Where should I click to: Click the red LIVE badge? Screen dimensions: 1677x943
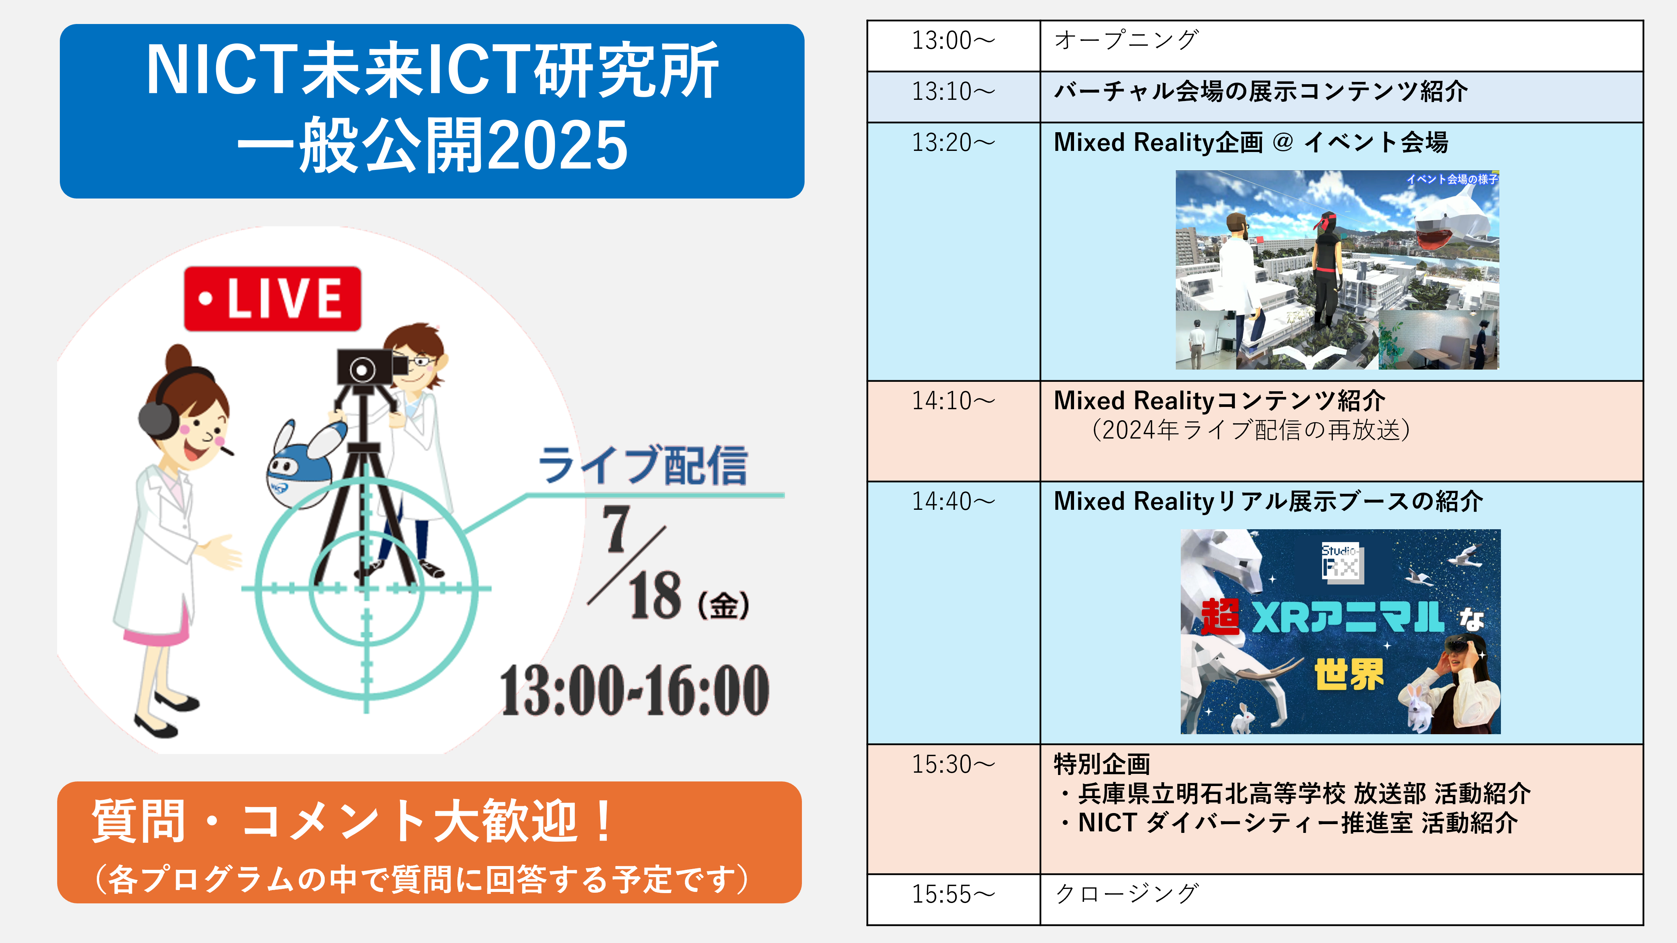pos(272,299)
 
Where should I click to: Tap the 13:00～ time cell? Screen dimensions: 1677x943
pos(953,46)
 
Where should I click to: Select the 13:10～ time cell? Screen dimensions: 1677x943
pos(953,96)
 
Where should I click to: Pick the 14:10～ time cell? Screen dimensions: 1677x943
pos(953,431)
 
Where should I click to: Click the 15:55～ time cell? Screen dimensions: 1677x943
pos(953,899)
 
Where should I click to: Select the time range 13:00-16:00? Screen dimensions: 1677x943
pos(635,690)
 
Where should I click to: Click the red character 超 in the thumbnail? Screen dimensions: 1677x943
pos(1221,617)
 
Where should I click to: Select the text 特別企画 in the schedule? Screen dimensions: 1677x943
pos(1101,764)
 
